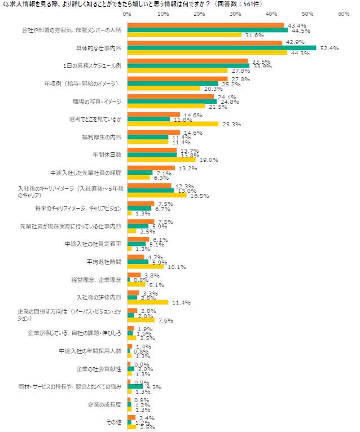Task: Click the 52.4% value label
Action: point(330,48)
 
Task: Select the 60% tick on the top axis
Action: point(344,14)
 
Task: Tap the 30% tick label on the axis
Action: point(235,14)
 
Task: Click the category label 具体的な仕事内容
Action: point(99,48)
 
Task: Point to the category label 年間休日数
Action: point(107,154)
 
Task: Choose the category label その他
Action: point(114,422)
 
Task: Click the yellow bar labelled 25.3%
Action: point(173,124)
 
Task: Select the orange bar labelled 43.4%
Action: point(206,25)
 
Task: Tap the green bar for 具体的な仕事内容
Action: point(222,48)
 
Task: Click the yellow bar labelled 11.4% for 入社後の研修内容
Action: point(148,302)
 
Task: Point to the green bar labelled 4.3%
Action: point(135,387)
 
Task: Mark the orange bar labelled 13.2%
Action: point(151,167)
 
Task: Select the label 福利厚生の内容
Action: point(102,136)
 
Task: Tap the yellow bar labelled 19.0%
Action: point(161,160)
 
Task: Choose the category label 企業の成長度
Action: point(104,404)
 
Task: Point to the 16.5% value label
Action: point(200,196)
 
